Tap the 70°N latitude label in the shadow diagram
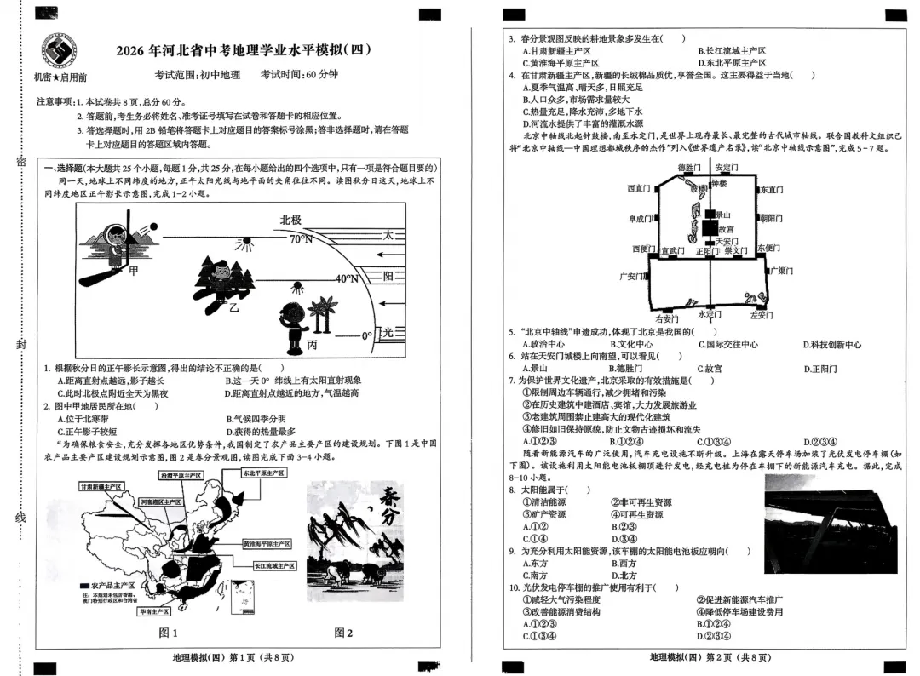300,239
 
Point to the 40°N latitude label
346,278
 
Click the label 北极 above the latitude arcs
290,220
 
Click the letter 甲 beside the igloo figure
134,272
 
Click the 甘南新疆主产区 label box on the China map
101,486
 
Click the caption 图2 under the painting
343,633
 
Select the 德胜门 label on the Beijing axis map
688,168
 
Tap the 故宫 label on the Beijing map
725,229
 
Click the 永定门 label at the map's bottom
708,313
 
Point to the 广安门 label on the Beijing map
634,277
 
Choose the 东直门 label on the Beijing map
771,190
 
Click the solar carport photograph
831,531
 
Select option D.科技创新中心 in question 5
831,345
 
